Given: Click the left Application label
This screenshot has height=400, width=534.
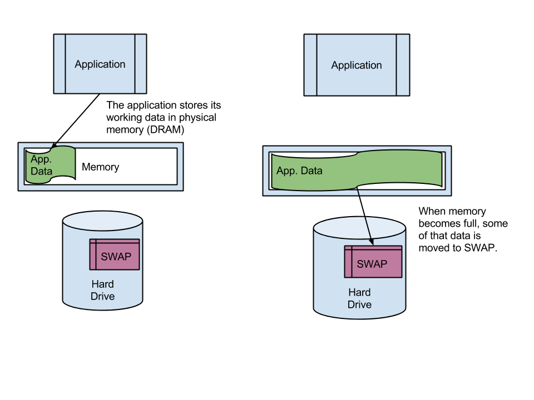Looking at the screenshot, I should coord(100,64).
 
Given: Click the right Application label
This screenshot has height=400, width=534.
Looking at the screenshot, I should coord(357,66).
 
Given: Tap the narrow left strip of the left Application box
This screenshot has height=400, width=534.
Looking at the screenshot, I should coord(60,64).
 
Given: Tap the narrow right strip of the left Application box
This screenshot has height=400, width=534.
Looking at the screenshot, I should coord(140,64).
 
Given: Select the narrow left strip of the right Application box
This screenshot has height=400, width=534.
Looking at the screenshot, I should coord(310,65).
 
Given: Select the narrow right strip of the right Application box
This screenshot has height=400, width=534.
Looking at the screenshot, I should coord(403,65).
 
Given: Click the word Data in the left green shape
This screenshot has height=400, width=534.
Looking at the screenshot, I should coord(42,171).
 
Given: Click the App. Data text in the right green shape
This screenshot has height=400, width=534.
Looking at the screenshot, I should coord(299,171).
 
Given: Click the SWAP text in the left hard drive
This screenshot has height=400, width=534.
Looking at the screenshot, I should coord(116,257).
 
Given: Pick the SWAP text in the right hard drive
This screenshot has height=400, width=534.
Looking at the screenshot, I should coord(372,264).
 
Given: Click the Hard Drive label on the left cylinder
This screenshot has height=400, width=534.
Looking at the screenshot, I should coord(103,291).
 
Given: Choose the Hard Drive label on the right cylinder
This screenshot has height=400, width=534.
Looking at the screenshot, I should coord(359,298).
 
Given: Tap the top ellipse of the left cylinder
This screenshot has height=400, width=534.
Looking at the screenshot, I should coord(103,220).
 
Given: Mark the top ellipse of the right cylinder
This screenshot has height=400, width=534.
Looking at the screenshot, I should coord(359,227).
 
